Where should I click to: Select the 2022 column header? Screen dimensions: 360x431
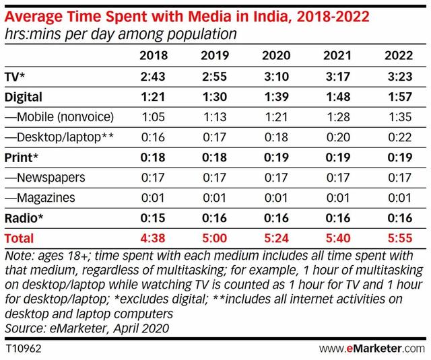[x=399, y=55]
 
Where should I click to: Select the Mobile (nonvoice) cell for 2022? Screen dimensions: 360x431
[x=399, y=117]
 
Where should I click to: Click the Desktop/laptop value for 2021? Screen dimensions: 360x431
[x=339, y=137]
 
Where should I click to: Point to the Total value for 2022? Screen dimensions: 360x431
[x=399, y=238]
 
